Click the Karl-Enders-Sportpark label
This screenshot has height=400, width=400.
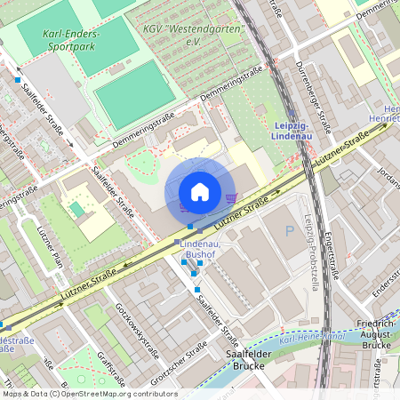tap(70, 39)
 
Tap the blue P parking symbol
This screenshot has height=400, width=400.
tap(288, 231)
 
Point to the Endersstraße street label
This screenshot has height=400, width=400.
tap(383, 283)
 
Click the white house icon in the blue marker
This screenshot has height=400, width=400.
tap(200, 192)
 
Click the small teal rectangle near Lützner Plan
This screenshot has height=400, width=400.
tap(77, 209)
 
